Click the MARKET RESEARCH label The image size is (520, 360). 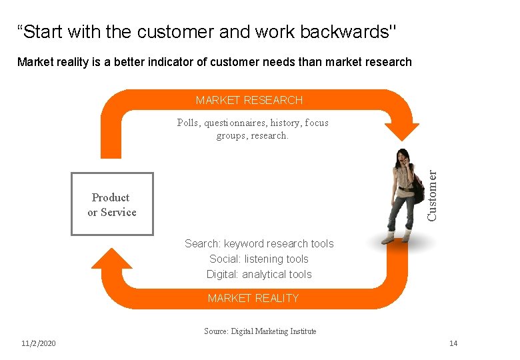click(x=249, y=100)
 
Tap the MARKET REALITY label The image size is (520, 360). click(x=253, y=298)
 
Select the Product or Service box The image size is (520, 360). click(x=112, y=204)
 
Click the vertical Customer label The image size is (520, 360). click(x=433, y=195)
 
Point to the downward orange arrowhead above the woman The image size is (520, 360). click(x=402, y=129)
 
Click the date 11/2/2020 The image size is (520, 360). click(x=39, y=343)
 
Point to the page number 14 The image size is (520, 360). click(x=453, y=343)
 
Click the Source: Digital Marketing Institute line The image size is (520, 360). click(x=260, y=331)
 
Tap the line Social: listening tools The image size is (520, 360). click(x=259, y=259)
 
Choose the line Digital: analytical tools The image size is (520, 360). click(x=259, y=274)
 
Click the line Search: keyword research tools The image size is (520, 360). click(x=259, y=243)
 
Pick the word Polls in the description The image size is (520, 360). click(x=189, y=123)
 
